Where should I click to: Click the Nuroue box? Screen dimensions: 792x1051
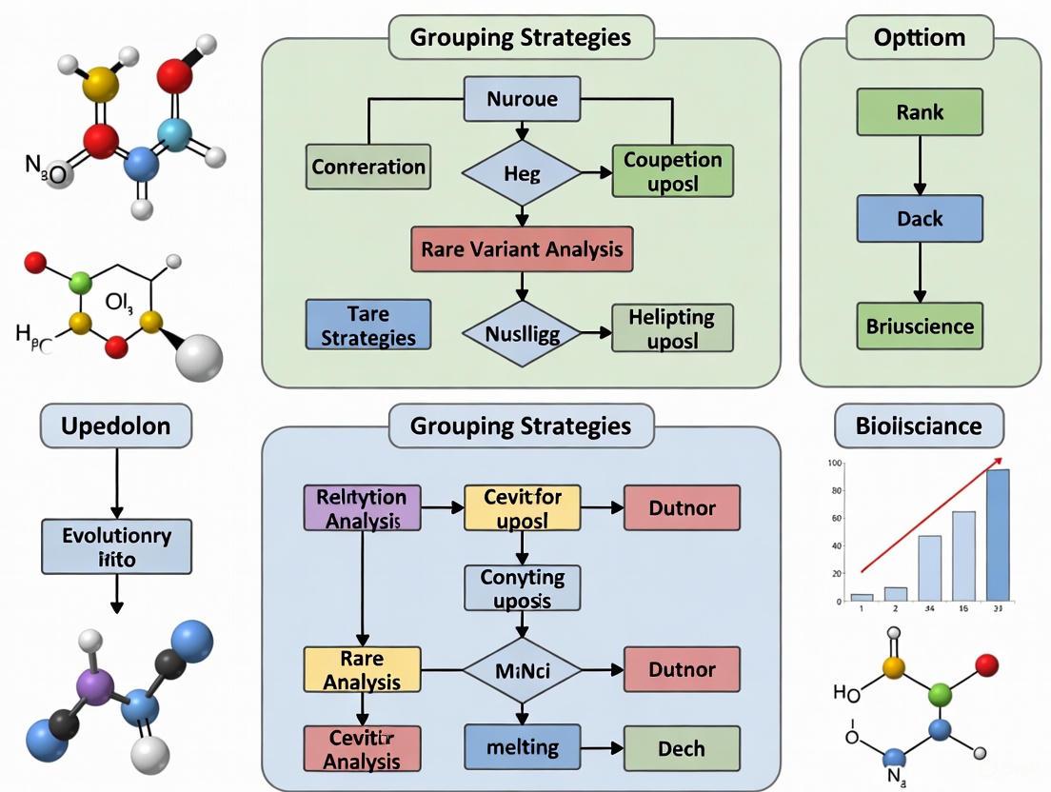pos(522,99)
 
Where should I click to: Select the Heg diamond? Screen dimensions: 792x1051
pos(521,174)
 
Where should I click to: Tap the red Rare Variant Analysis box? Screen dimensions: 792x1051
pos(521,249)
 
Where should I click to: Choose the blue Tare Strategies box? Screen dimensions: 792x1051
pos(368,325)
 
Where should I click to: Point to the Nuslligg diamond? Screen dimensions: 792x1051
pos(521,332)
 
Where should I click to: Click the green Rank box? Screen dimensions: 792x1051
pos(920,112)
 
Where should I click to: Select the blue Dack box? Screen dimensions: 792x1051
pos(920,219)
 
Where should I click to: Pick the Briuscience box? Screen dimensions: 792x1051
pos(920,326)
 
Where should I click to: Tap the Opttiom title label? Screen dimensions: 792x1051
pos(920,38)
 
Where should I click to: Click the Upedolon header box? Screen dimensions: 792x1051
pos(116,426)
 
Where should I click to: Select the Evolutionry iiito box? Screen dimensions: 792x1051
pos(116,546)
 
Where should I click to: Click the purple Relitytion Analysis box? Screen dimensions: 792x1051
pos(361,508)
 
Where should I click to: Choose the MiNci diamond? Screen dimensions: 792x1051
pos(521,670)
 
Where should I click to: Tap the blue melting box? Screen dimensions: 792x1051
pos(523,747)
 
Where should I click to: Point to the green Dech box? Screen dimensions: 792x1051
pos(682,748)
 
